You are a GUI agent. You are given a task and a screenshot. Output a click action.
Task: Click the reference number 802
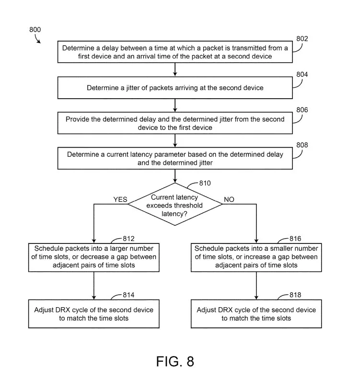302,39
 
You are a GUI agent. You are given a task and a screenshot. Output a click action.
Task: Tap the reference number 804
302,74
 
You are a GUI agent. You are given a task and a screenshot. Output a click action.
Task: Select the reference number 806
302,110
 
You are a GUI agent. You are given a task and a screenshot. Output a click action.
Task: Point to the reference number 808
302,145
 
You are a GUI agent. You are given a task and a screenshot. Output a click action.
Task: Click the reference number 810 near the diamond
205,183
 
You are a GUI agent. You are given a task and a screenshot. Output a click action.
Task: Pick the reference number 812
128,239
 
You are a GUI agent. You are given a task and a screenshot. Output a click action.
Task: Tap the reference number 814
128,295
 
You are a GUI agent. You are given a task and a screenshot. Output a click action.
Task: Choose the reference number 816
295,239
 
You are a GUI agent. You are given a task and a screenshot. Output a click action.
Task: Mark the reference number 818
295,295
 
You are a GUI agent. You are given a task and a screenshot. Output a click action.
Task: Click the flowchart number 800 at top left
35,30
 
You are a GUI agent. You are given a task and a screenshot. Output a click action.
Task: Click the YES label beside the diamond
120,199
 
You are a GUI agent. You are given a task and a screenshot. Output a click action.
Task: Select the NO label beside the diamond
229,199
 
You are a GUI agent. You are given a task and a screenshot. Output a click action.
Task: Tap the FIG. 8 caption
175,361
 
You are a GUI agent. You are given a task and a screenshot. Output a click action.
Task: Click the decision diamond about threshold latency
175,204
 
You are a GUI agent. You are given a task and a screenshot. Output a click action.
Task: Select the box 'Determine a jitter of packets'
175,88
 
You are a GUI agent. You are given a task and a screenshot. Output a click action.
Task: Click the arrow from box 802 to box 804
175,69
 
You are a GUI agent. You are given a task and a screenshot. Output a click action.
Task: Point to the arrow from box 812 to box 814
94,286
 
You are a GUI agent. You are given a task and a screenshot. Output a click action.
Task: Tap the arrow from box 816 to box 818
256,286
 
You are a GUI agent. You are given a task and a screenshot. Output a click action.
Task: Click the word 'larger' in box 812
119,249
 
